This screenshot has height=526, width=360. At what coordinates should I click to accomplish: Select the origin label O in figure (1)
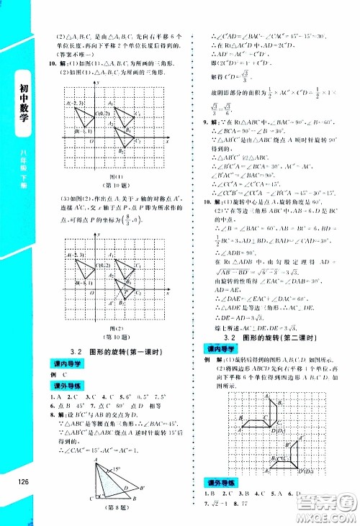(91, 142)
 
